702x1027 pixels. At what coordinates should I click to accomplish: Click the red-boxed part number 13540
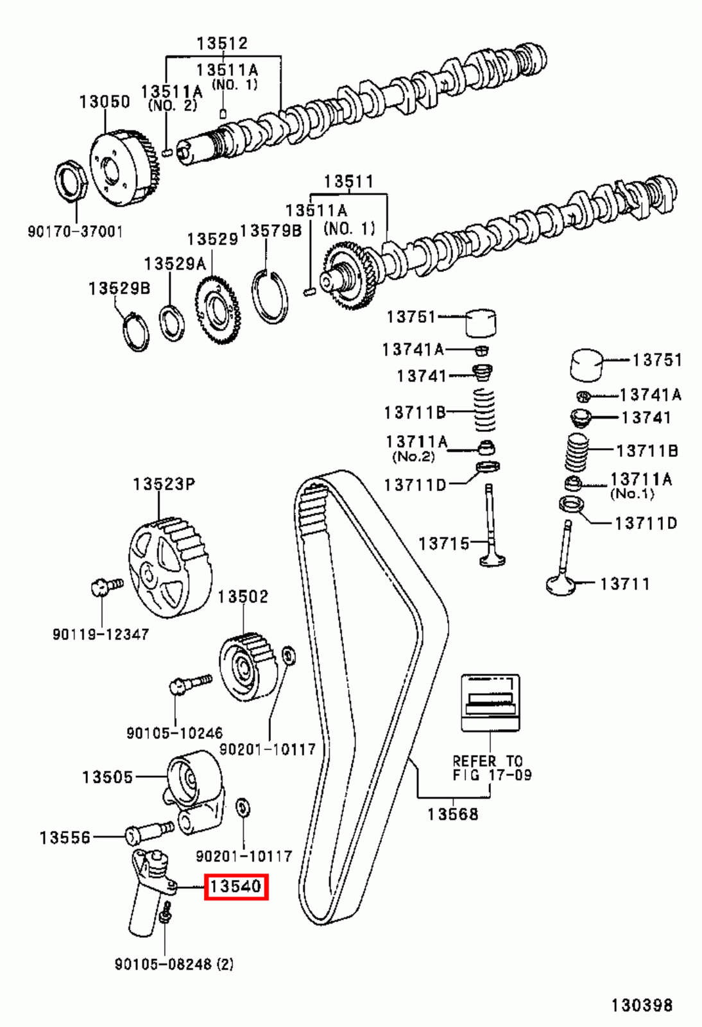(235, 886)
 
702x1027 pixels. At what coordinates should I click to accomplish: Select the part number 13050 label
(105, 101)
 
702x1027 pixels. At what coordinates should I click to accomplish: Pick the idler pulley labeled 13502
(247, 668)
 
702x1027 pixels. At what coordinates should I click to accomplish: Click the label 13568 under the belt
(453, 814)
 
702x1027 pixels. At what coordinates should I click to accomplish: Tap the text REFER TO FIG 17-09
(492, 768)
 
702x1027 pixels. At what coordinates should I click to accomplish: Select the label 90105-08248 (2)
(174, 963)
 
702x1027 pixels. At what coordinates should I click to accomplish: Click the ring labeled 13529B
(135, 331)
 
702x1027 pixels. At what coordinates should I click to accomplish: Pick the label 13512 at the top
(222, 43)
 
